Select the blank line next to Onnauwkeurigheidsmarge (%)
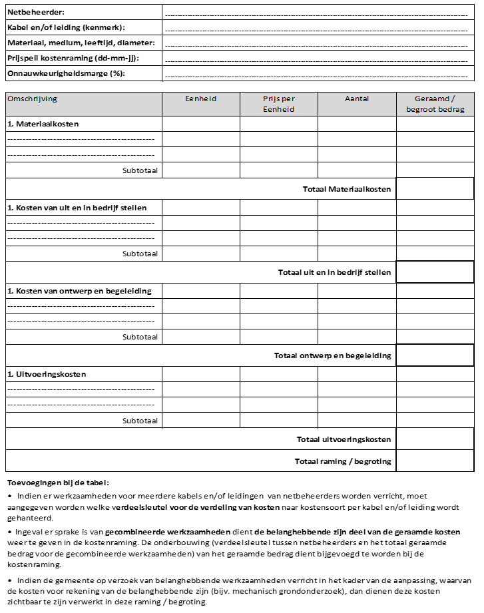(x=316, y=74)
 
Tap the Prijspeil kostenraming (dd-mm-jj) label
(x=73, y=58)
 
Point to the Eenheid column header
(x=200, y=99)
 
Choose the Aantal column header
(x=357, y=99)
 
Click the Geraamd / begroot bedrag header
(x=435, y=104)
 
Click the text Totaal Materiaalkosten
(x=347, y=189)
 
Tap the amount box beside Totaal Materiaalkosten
(x=435, y=189)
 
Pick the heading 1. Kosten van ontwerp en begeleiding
(x=79, y=291)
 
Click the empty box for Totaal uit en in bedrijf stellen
(x=435, y=272)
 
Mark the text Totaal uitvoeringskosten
(x=344, y=439)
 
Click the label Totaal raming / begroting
(x=343, y=461)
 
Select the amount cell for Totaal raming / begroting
(x=435, y=461)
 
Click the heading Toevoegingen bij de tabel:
(x=57, y=483)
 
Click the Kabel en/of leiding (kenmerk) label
(x=66, y=27)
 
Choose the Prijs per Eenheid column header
(x=278, y=104)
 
